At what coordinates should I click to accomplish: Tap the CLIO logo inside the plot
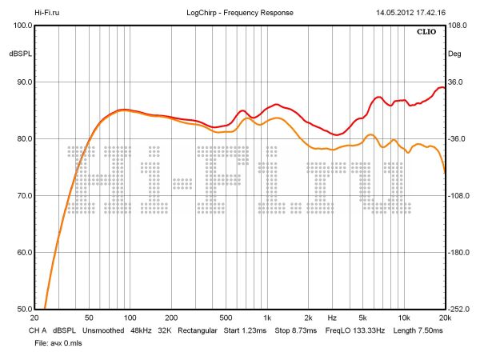427,33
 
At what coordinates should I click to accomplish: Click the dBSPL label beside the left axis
20,54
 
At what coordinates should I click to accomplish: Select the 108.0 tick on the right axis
458,26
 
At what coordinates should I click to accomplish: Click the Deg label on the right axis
454,54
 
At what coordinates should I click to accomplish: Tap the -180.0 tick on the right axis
458,253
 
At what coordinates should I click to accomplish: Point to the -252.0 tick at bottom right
458,310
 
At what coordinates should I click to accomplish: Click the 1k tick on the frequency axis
267,318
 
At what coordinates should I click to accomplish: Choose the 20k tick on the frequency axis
445,318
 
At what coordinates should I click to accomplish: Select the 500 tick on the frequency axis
226,318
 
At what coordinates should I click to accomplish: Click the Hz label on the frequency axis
332,318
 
